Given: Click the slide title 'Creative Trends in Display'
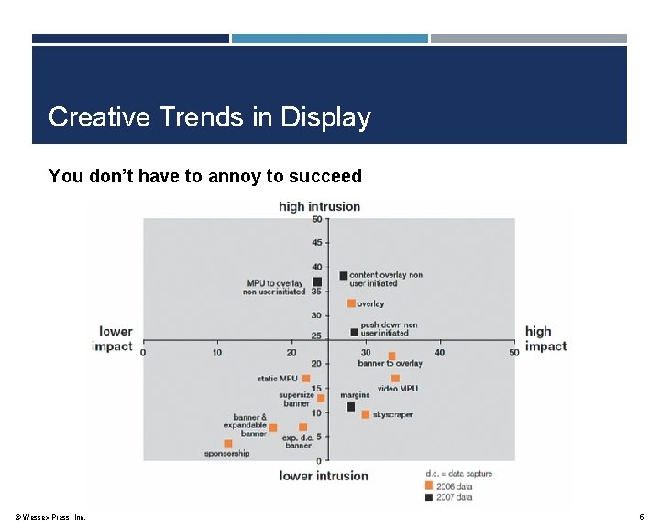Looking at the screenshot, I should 209,117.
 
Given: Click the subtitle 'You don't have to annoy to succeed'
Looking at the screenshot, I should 204,176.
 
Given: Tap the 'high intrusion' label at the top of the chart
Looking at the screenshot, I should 319,206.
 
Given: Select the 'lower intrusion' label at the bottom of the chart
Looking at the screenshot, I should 324,476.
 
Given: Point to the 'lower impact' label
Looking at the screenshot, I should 114,338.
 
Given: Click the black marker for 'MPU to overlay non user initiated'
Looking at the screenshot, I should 317,282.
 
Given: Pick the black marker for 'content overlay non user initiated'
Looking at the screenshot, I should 344,275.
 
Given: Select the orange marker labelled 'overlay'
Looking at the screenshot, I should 351,303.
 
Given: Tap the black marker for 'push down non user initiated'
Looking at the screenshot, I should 355,332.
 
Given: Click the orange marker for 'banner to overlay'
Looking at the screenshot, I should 391,356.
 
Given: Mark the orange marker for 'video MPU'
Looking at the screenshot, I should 395,378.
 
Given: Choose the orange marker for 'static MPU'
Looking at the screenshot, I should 306,378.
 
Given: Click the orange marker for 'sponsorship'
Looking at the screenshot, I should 227,444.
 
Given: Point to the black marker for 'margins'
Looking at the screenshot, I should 351,406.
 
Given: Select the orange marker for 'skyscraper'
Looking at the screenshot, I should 366,414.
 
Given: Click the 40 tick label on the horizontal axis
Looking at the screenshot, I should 440,352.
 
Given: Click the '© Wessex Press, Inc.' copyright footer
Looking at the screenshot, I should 51,517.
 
